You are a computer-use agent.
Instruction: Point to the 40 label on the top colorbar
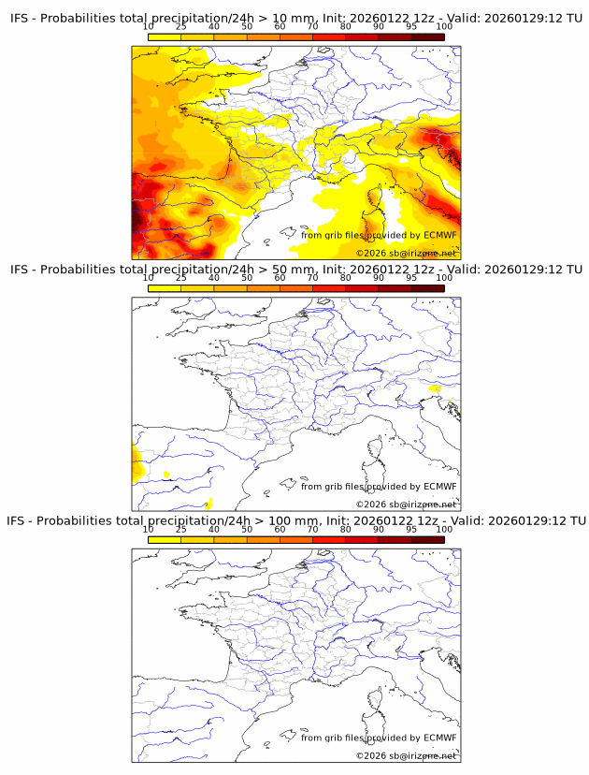pos(214,28)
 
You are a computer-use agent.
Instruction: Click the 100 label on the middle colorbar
pos(444,279)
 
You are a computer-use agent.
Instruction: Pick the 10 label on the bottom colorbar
pos(149,530)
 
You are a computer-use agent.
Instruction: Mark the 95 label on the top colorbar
pos(411,28)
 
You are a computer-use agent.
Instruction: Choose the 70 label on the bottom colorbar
pos(312,530)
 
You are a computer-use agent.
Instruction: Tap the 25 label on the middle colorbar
pos(181,279)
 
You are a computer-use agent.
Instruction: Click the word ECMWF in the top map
pos(439,235)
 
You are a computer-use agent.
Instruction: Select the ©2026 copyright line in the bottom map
pos(406,755)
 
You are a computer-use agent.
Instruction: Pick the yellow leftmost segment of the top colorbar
pos(165,37)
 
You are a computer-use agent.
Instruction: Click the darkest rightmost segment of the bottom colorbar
pos(427,538)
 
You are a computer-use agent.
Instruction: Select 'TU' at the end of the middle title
pos(576,270)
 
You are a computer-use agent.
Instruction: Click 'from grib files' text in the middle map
pos(331,486)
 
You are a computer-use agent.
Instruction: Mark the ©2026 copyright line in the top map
pos(406,254)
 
